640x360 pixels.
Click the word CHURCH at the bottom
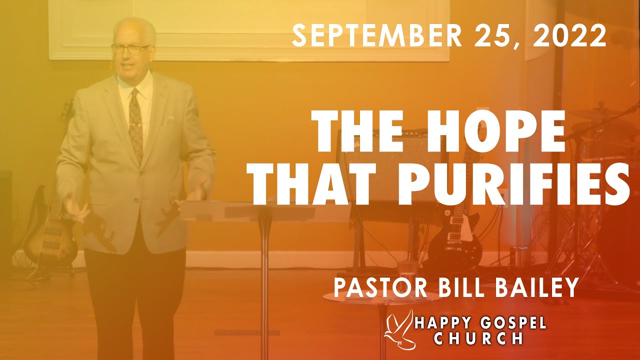[478, 338]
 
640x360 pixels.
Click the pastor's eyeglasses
[130, 48]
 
